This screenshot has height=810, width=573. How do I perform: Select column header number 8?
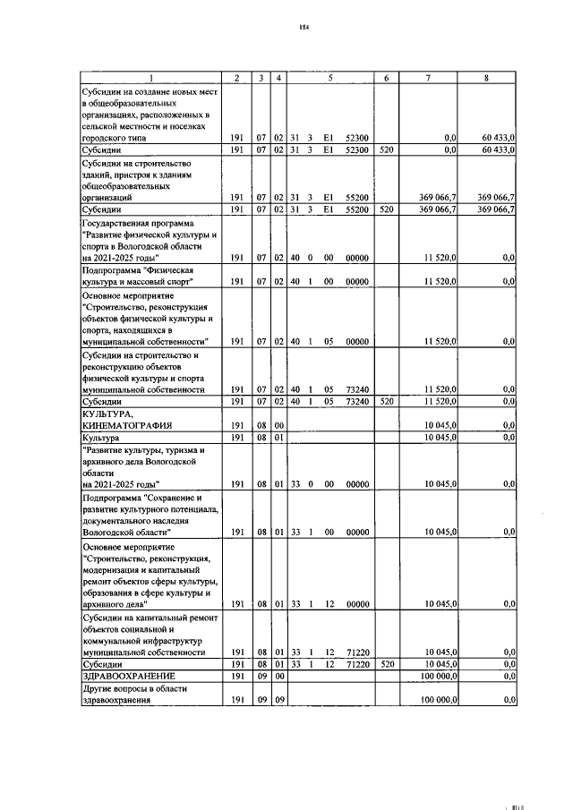point(486,78)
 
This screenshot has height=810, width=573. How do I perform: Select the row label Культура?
point(100,438)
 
